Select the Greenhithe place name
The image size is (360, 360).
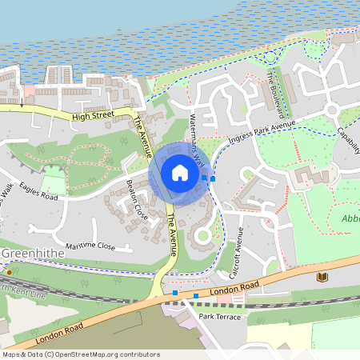pos(29,254)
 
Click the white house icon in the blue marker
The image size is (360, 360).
pos(180,173)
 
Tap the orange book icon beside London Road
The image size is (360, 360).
pos(322,277)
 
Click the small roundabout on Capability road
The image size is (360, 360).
pos(330,109)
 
